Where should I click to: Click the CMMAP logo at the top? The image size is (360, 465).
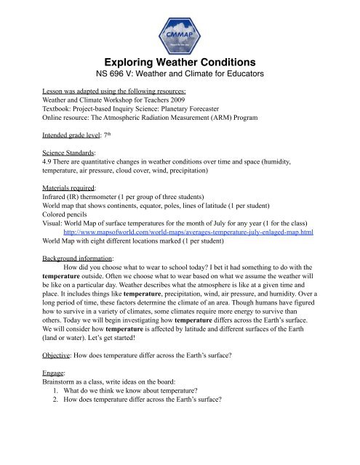coord(180,33)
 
